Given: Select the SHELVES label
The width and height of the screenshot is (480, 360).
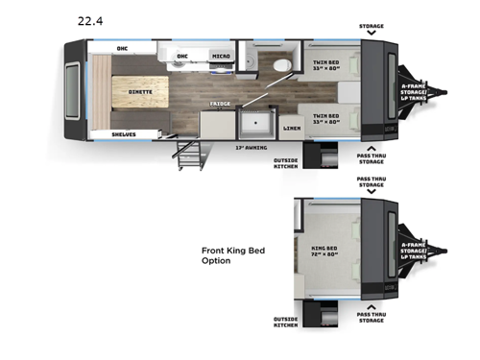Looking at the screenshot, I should (124, 133).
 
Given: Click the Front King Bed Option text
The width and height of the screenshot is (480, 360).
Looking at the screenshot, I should (232, 255).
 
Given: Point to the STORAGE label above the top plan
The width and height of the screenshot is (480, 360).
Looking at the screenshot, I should (372, 27).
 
